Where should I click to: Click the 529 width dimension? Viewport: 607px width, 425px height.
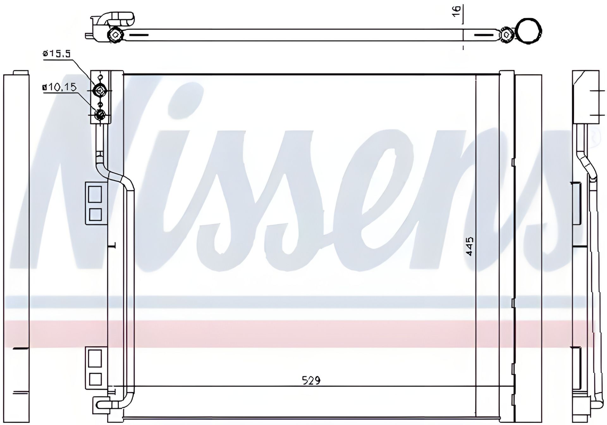[311, 380]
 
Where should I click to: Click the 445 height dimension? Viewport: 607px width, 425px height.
[469, 246]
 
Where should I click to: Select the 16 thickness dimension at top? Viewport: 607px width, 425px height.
[457, 12]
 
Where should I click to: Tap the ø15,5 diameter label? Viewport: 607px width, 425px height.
[57, 54]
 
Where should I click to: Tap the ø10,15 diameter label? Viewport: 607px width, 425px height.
[59, 87]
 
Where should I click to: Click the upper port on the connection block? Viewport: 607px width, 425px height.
[100, 91]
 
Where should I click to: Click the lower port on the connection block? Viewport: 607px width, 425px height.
[100, 114]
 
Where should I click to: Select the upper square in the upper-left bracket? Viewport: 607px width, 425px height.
[95, 194]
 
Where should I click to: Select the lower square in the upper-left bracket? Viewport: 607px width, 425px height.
[95, 214]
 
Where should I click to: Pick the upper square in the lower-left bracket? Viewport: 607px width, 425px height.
[95, 358]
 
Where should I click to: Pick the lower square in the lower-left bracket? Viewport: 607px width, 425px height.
[95, 379]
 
